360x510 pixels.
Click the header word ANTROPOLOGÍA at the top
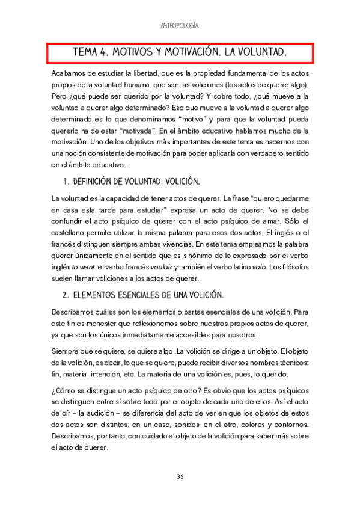point(180,26)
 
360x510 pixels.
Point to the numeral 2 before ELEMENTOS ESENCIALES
point(65,295)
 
